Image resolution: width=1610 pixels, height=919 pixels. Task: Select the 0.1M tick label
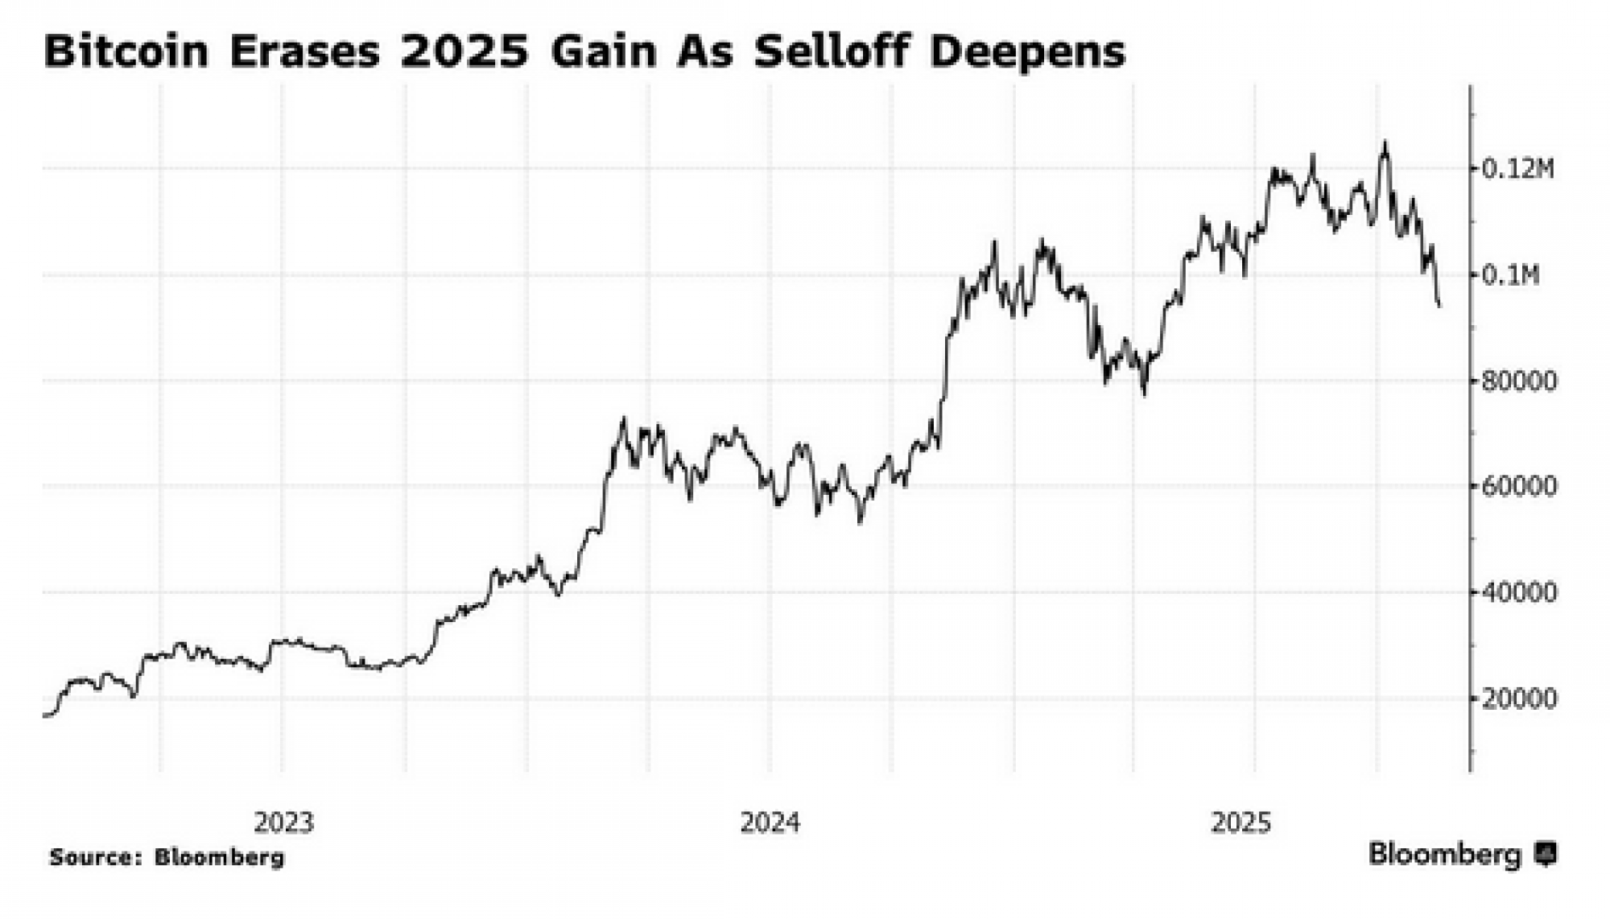pyautogui.click(x=1511, y=275)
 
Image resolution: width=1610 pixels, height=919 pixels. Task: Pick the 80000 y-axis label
pyautogui.click(x=1519, y=381)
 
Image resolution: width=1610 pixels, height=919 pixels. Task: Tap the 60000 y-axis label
pyautogui.click(x=1519, y=487)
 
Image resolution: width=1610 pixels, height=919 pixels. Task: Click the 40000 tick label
pyautogui.click(x=1519, y=593)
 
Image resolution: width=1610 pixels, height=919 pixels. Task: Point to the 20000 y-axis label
pyautogui.click(x=1519, y=699)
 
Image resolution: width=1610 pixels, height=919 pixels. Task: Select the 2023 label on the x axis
pyautogui.click(x=283, y=822)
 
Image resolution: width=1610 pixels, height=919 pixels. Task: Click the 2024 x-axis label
pyautogui.click(x=770, y=822)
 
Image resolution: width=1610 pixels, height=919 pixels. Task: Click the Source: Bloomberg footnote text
pyautogui.click(x=167, y=858)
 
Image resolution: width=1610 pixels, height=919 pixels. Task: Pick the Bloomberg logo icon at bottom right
pyautogui.click(x=1545, y=854)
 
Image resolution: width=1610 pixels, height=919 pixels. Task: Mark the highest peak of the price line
pyautogui.click(x=1385, y=143)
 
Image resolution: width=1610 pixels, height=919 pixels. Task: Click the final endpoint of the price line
pyautogui.click(x=1439, y=305)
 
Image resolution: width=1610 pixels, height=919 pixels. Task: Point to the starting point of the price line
pyautogui.click(x=44, y=715)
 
